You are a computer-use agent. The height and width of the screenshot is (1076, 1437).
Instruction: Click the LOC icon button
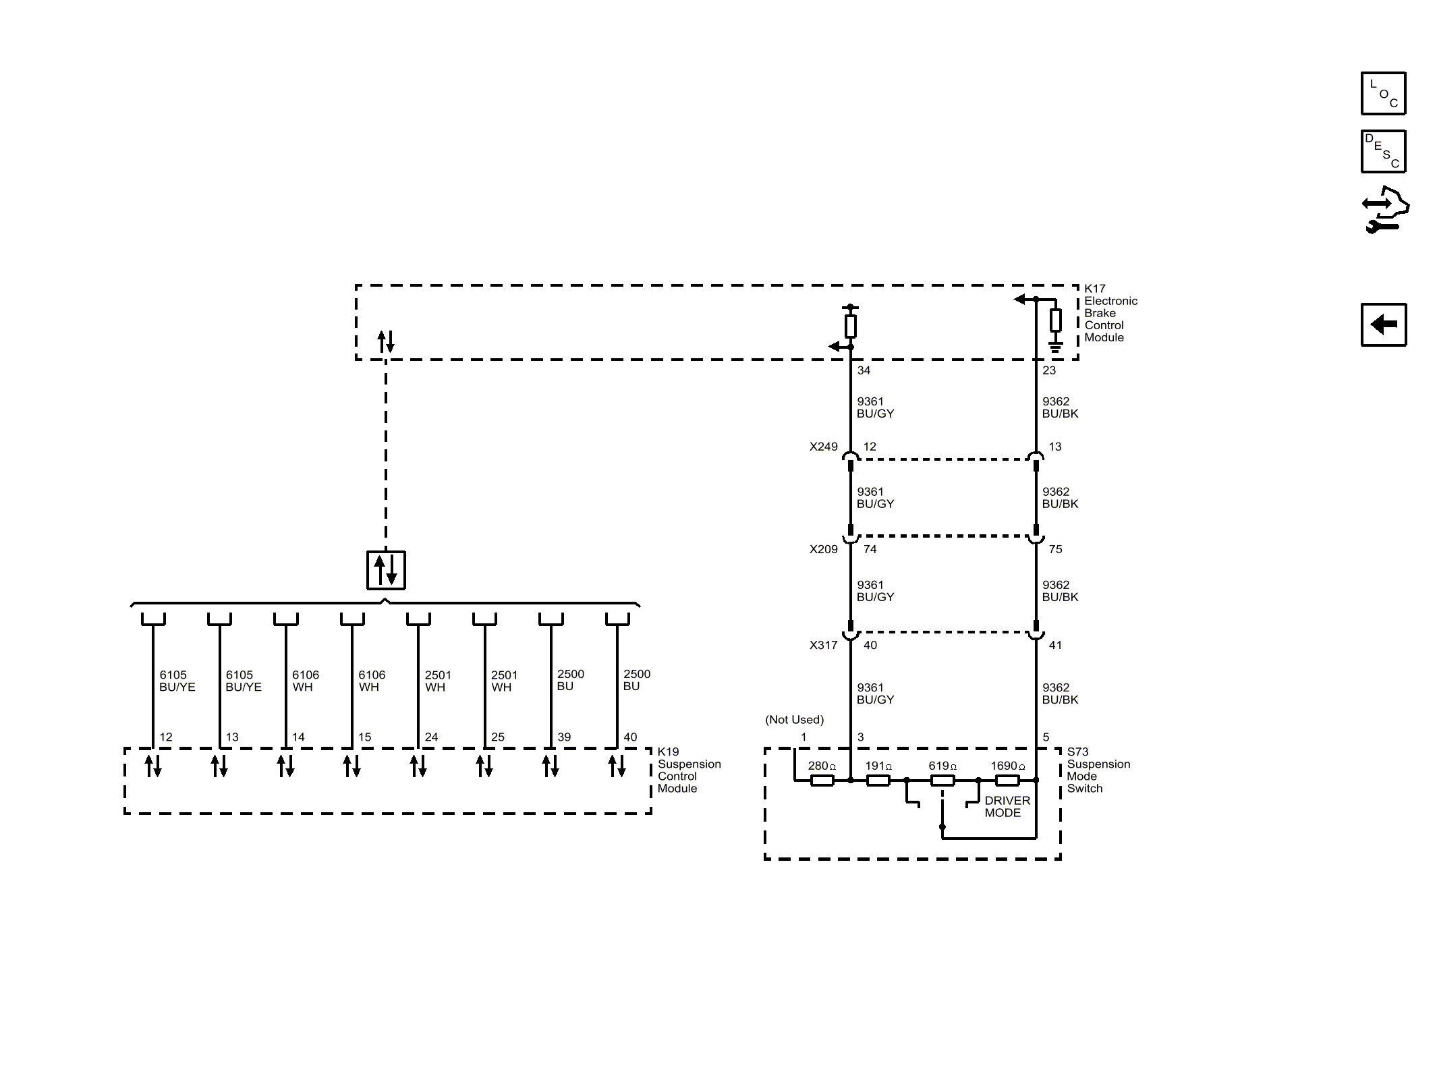1383,93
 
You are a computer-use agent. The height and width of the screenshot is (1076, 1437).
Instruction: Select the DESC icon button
1383,151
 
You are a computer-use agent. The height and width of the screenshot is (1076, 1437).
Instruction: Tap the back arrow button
1383,324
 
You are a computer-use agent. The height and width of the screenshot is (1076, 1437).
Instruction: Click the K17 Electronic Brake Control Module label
1110,313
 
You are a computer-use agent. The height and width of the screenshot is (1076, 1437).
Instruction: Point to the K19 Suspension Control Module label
689,770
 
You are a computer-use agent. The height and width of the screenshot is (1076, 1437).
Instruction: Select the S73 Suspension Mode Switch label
1098,770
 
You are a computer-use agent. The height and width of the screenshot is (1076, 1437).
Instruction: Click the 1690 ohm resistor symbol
1007,781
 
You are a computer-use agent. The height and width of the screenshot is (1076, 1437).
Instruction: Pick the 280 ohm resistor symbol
822,781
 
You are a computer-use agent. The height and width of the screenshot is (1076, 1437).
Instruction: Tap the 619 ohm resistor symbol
942,781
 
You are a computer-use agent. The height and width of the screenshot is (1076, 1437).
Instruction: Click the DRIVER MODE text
1007,807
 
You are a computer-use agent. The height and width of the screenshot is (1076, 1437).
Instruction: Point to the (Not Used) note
794,720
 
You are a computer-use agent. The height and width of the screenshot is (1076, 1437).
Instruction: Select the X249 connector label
824,447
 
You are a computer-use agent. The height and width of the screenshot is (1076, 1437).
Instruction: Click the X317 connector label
824,645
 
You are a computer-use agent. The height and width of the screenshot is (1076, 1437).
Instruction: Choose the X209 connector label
824,549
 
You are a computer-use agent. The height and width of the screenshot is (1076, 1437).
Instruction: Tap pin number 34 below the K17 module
864,370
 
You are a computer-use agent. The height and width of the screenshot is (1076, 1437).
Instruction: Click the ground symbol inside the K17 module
1056,347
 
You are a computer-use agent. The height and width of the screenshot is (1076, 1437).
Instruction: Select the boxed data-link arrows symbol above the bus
386,570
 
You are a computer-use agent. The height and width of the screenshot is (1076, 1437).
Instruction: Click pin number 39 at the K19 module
564,737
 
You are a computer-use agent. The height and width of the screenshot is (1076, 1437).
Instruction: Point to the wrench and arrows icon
1385,210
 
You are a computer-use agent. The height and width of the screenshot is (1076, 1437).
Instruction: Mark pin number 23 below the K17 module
1049,370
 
